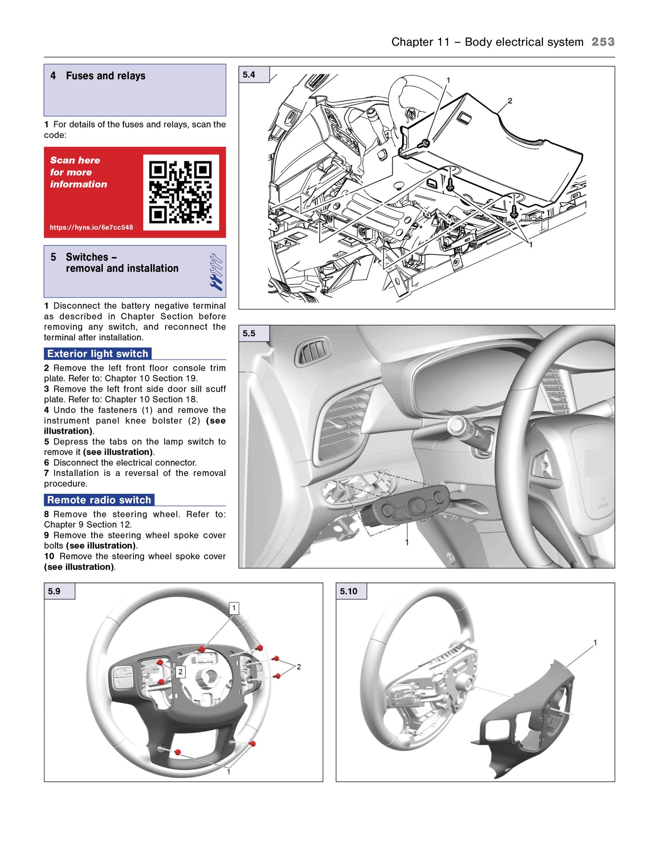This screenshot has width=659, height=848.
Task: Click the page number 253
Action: (x=603, y=42)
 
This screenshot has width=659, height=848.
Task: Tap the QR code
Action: (x=181, y=192)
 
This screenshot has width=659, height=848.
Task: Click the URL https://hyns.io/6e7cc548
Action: (x=91, y=227)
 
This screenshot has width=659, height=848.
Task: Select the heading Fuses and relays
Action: (x=105, y=76)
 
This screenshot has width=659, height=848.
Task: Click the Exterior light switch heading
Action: (x=98, y=353)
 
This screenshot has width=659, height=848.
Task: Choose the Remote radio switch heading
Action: (x=99, y=500)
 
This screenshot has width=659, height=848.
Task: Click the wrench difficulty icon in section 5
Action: (x=216, y=272)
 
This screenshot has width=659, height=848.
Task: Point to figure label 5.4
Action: (x=249, y=75)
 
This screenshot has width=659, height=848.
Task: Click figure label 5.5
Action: (x=249, y=333)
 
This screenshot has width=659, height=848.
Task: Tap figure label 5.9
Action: (x=54, y=591)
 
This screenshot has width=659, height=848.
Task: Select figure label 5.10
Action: (x=348, y=591)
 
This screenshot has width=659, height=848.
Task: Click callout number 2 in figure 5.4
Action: (x=510, y=101)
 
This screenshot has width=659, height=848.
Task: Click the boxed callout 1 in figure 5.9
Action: (x=234, y=608)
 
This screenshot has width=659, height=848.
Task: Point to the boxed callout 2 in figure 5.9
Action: (x=180, y=672)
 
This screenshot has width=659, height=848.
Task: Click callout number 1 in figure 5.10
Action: (x=595, y=643)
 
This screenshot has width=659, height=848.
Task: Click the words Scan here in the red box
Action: (x=75, y=160)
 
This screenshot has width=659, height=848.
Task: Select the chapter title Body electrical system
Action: (x=524, y=42)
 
